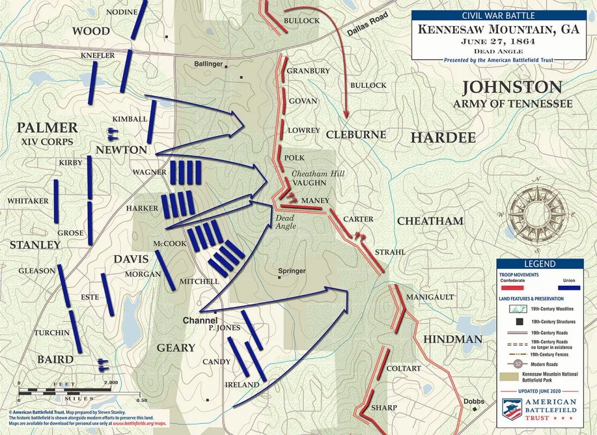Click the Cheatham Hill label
tap(318, 174)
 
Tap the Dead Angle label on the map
tap(285, 222)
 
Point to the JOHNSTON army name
tap(512, 87)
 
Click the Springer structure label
tap(292, 271)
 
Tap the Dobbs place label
tap(474, 401)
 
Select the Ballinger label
tap(208, 64)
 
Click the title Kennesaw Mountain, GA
tap(498, 29)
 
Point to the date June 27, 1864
tap(498, 41)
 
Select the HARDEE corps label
tap(443, 138)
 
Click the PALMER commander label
tap(47, 128)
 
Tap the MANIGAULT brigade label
tap(430, 297)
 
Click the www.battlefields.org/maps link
tap(140, 423)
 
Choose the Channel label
tap(200, 321)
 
